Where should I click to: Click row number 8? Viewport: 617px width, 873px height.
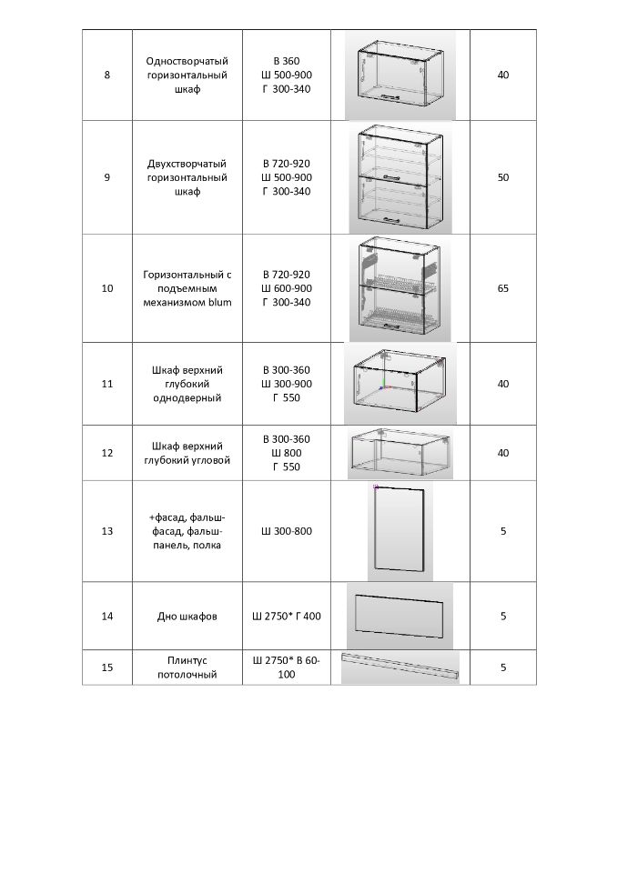click(107, 75)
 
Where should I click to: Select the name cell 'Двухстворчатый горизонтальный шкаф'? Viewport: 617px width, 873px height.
click(187, 177)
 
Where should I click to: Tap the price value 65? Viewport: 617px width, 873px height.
click(503, 288)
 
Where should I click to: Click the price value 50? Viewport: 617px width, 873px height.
click(503, 177)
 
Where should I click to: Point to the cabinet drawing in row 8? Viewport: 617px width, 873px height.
click(400, 74)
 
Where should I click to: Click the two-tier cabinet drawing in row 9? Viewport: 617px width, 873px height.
click(400, 177)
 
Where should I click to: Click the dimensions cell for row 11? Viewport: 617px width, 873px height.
click(287, 384)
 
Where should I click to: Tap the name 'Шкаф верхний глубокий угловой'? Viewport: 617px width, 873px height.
click(187, 453)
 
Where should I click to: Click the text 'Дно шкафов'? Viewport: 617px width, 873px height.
click(187, 617)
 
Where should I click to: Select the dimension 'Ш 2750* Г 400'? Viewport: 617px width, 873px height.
click(287, 617)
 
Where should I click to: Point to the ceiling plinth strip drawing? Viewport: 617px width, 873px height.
click(400, 667)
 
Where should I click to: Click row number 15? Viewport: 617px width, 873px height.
click(107, 667)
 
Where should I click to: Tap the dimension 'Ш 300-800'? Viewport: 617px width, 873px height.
click(287, 530)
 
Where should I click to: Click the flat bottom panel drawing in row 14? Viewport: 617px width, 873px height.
click(400, 617)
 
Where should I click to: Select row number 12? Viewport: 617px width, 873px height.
click(107, 453)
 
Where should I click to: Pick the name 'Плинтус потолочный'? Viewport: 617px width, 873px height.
click(187, 667)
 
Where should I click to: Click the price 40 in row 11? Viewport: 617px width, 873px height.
click(503, 384)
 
